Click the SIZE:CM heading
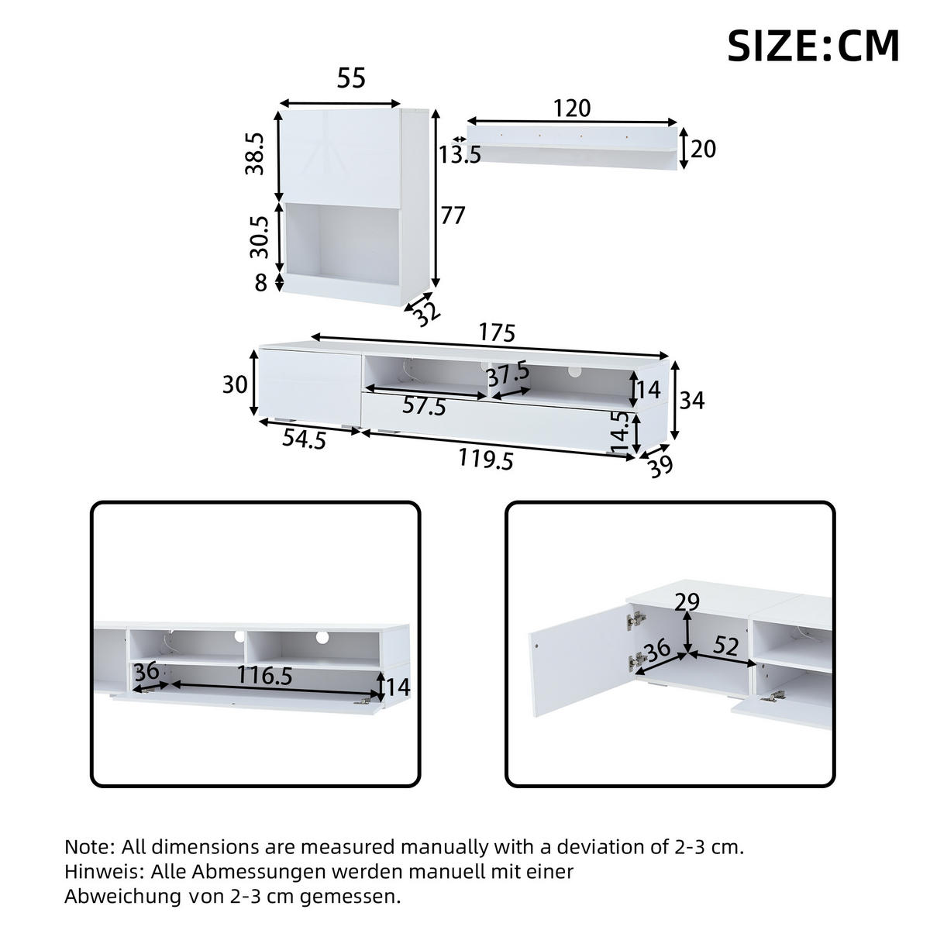[813, 46]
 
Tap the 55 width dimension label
[350, 78]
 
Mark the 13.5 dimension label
[460, 155]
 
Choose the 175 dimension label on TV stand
[496, 333]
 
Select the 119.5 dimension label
[486, 460]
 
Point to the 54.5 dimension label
[303, 439]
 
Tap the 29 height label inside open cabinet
[687, 602]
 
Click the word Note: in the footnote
[89, 846]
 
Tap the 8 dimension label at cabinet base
[260, 284]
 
